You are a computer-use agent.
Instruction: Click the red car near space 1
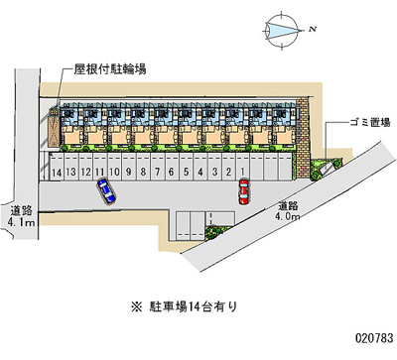click(242, 190)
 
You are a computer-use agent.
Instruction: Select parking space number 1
click(242, 172)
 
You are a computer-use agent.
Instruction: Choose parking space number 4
click(200, 173)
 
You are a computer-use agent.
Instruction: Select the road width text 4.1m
click(22, 223)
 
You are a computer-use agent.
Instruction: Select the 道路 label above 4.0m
click(292, 203)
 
